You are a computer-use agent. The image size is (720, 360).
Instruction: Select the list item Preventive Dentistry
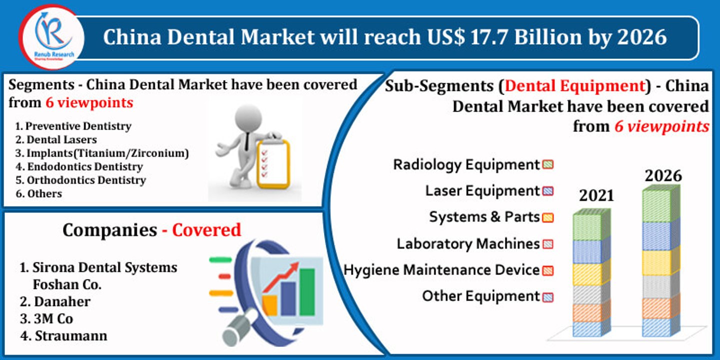(78, 126)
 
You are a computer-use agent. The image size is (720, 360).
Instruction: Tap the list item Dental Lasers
(61, 139)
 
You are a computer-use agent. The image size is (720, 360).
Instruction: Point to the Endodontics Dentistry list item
(84, 166)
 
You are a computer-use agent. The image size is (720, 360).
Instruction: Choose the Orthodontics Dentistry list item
(86, 180)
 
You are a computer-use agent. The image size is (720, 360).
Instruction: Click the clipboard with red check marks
(272, 162)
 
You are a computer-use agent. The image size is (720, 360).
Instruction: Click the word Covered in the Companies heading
(206, 230)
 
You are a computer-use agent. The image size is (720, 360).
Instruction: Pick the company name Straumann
(70, 335)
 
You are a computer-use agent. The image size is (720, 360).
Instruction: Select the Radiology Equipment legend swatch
(547, 164)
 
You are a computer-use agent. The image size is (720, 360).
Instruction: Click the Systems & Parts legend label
(484, 217)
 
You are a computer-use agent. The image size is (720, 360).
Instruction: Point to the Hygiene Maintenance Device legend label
(441, 270)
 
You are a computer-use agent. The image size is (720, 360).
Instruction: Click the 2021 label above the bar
(596, 195)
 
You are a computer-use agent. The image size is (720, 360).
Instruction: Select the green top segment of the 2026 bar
(660, 205)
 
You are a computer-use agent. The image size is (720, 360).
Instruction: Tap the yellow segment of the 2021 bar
(591, 274)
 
